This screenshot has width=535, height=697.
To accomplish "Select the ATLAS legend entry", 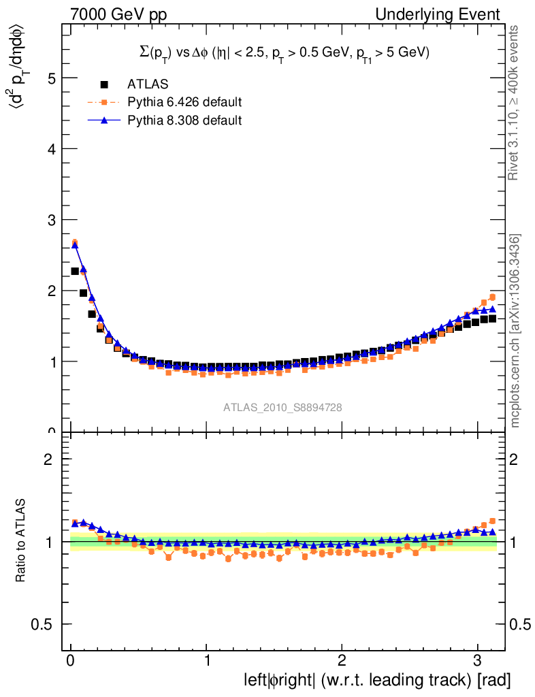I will tap(148, 84).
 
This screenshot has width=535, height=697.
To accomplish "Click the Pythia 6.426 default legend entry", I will tap(184, 103).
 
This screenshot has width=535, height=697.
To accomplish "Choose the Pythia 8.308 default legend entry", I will tap(184, 120).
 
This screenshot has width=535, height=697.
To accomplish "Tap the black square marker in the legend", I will tap(104, 84).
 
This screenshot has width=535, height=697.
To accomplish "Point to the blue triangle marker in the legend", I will tap(104, 120).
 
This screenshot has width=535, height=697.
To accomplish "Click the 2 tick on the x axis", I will tap(342, 661).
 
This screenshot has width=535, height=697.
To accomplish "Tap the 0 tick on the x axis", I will tap(71, 661).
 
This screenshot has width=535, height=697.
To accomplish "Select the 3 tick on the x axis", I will tap(478, 661).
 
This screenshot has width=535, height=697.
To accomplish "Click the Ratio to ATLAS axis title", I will tap(20, 542).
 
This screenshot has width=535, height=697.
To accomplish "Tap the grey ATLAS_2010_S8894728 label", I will tap(282, 408).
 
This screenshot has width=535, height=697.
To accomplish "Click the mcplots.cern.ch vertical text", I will tap(516, 331).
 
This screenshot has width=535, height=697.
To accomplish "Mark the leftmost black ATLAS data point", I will tap(75, 271).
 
